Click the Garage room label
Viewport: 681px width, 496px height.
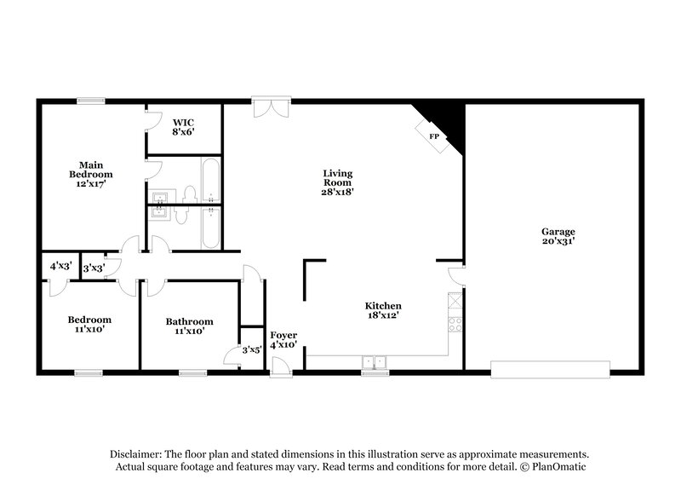pyautogui.click(x=558, y=237)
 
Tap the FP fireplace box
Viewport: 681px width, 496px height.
pyautogui.click(x=433, y=136)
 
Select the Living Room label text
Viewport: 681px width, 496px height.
pyautogui.click(x=337, y=183)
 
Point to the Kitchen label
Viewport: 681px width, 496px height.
pyautogui.click(x=383, y=311)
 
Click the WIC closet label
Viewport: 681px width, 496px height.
pyautogui.click(x=185, y=127)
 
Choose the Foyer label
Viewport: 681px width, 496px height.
pyautogui.click(x=283, y=340)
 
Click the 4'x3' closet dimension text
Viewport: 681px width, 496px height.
pyautogui.click(x=60, y=267)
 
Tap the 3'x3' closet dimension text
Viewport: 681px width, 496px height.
pyautogui.click(x=94, y=268)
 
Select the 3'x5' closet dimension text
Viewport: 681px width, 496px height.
pyautogui.click(x=252, y=349)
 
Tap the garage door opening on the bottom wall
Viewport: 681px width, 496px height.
pyautogui.click(x=550, y=368)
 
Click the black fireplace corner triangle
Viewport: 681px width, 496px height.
pyautogui.click(x=446, y=122)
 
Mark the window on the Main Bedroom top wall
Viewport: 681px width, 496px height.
pyautogui.click(x=90, y=101)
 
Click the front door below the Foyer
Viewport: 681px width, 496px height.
pyautogui.click(x=281, y=366)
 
